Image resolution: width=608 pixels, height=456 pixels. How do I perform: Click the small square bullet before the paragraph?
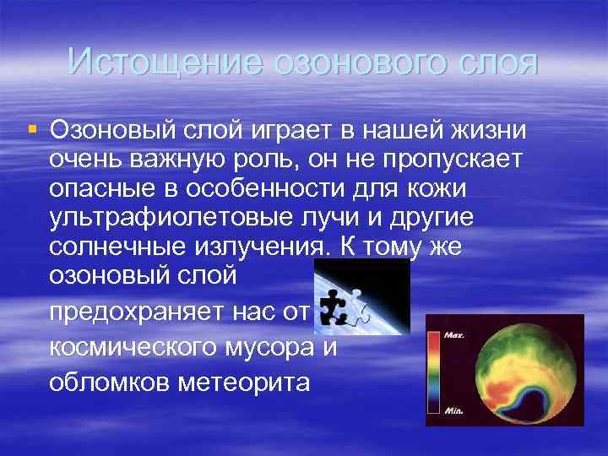(32, 130)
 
